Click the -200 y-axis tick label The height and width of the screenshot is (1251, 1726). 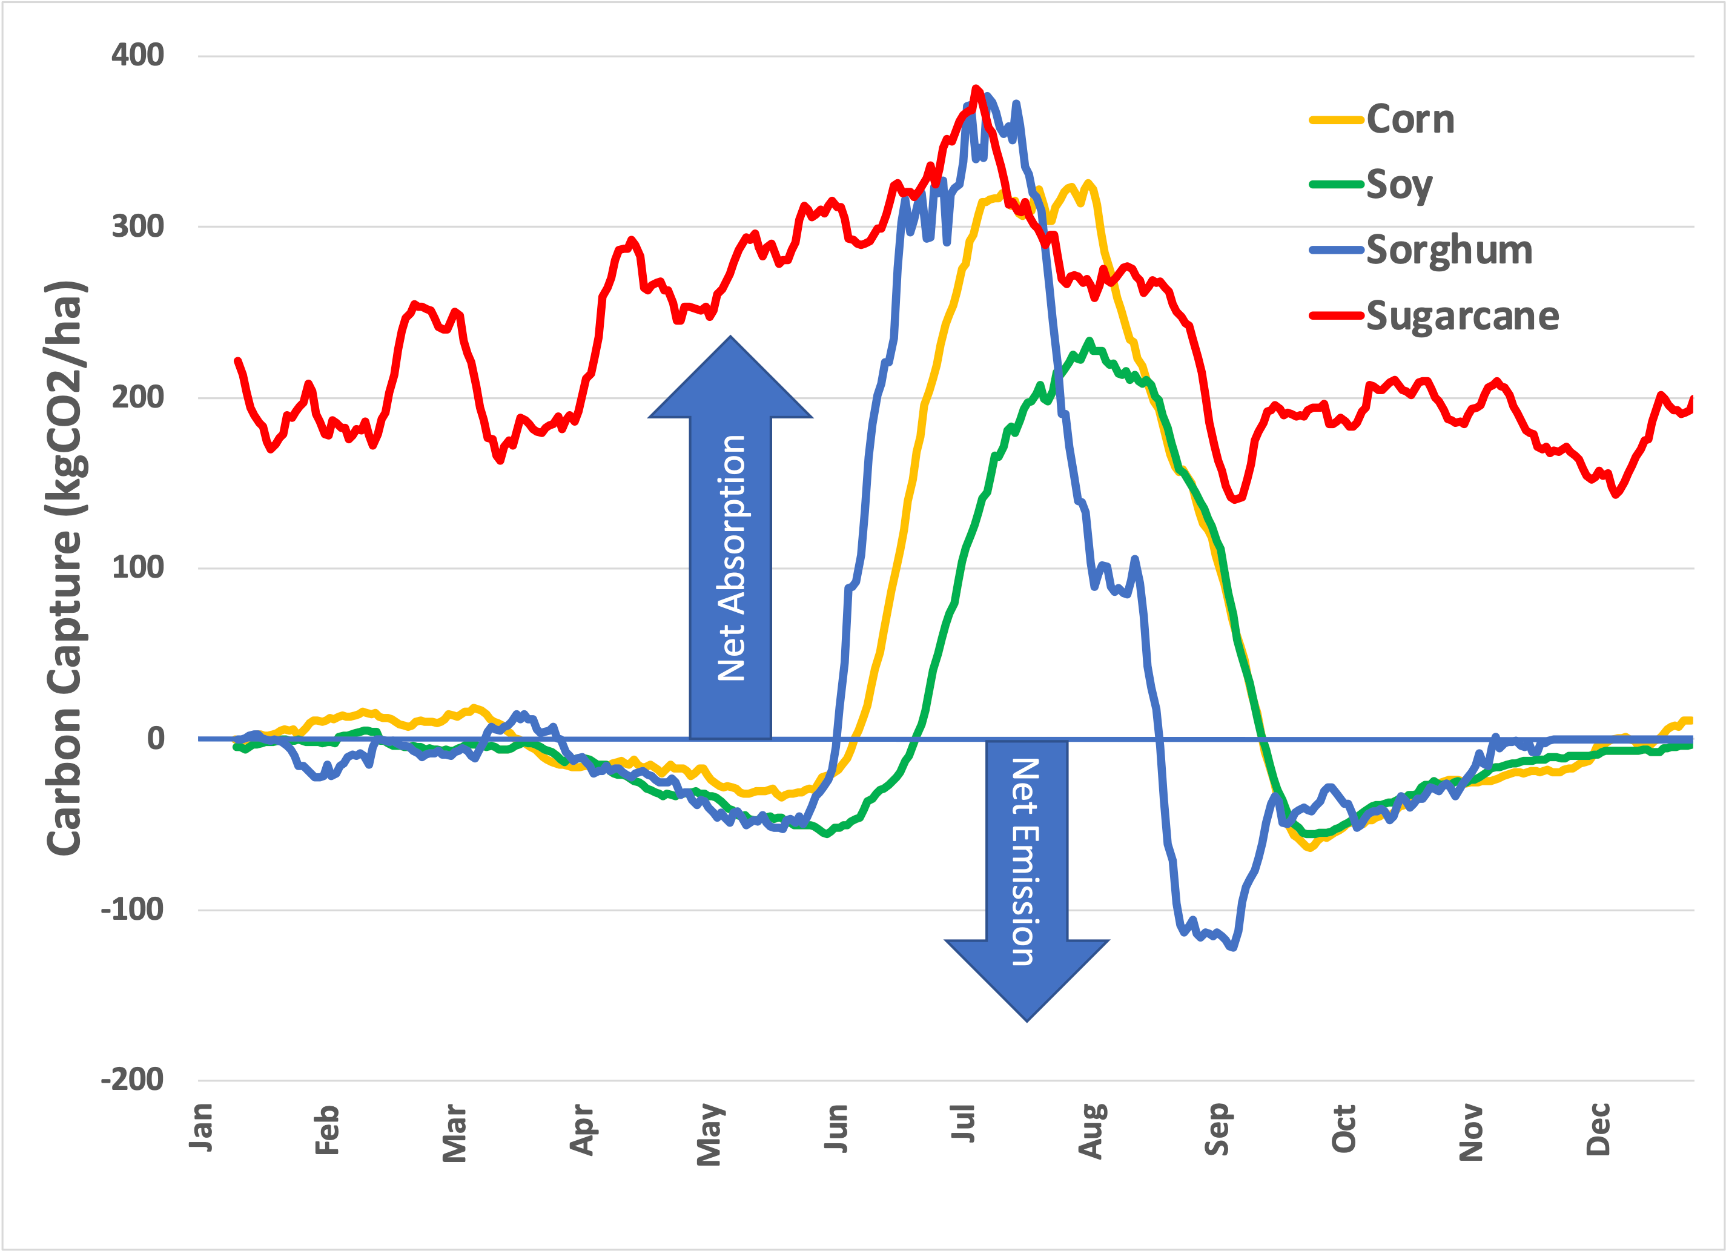pyautogui.click(x=131, y=1080)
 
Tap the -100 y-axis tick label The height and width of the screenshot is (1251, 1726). pyautogui.click(x=131, y=909)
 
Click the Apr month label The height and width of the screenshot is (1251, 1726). pyautogui.click(x=582, y=1130)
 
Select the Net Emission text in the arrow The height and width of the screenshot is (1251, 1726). pyautogui.click(x=1025, y=862)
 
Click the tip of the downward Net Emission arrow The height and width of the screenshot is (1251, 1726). pyautogui.click(x=1027, y=1020)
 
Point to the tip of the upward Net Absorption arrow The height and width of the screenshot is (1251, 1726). pyautogui.click(x=730, y=337)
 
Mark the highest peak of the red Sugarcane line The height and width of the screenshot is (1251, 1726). pyautogui.click(x=976, y=88)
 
